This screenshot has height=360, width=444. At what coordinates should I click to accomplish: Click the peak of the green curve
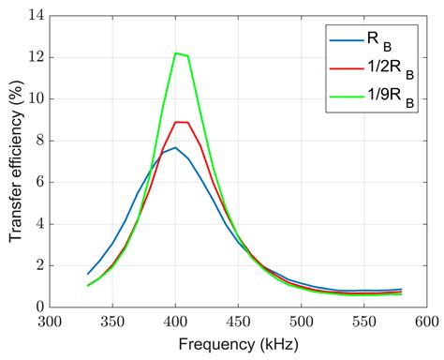[x=176, y=53]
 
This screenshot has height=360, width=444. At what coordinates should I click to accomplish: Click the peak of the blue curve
[x=175, y=147]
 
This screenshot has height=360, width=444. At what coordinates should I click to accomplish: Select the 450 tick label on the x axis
[x=238, y=322]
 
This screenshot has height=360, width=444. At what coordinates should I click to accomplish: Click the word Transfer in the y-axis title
[x=17, y=212]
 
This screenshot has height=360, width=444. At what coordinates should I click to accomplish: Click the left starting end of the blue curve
[x=88, y=274]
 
